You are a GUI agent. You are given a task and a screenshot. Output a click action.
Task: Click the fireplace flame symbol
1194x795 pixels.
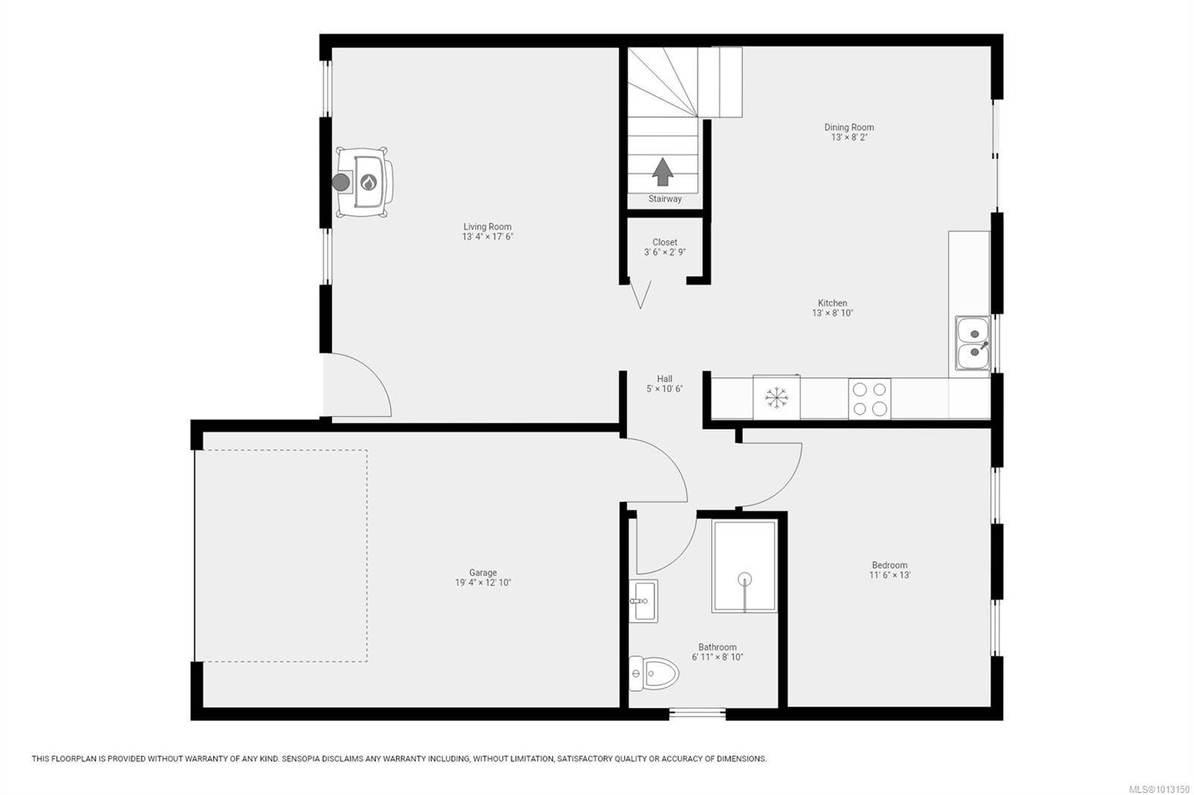point(369,183)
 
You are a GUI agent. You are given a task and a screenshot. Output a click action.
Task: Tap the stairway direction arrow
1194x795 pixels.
point(663,172)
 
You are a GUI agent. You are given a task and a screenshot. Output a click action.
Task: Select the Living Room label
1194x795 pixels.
point(487,227)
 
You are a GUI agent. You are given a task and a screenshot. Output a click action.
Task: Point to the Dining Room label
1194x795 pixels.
point(849,128)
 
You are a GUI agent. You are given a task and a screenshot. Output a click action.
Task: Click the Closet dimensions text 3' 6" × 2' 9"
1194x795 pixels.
point(665,252)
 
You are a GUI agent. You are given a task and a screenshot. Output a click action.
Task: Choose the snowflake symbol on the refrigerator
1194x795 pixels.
point(777,397)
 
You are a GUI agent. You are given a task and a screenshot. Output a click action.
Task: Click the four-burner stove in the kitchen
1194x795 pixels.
point(869,398)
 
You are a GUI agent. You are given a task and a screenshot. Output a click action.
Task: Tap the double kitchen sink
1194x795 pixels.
point(973,343)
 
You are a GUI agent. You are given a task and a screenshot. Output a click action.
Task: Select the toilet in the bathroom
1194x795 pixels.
point(654,673)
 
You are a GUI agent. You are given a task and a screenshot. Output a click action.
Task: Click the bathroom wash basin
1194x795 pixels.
point(643,600)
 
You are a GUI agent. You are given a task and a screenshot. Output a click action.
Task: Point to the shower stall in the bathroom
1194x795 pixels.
point(744,566)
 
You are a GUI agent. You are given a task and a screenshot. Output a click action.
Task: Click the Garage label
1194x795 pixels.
point(483,573)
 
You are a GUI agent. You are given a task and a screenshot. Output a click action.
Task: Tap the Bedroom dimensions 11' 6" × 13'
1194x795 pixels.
point(890,575)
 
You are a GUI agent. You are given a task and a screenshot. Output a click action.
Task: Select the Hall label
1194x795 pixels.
point(665,379)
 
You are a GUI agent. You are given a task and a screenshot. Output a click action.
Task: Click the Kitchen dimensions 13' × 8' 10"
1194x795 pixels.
point(833,312)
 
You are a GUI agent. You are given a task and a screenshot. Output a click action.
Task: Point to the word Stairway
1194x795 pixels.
point(665,198)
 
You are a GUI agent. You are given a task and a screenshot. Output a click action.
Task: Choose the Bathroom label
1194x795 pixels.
point(717,647)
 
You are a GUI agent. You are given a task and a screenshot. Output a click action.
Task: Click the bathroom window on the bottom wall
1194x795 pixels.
point(697,714)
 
